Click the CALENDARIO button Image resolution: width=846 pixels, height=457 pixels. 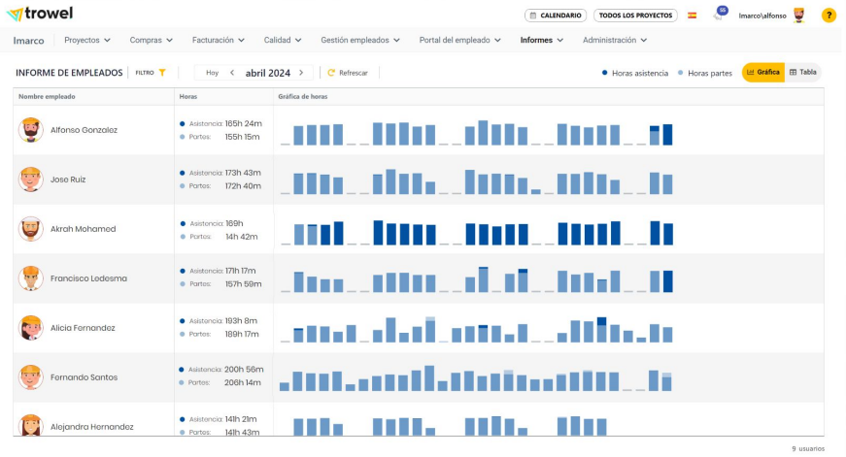[x=555, y=16]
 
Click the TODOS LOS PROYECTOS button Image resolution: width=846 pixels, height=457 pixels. [x=635, y=16]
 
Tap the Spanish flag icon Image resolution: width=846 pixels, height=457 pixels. [x=692, y=16]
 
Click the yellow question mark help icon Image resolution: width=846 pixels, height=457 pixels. [x=829, y=16]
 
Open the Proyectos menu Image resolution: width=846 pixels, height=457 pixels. [x=87, y=41]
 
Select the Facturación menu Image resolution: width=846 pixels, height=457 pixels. [x=219, y=41]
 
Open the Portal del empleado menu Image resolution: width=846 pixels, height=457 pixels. [x=460, y=41]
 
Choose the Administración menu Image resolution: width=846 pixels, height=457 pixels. [x=615, y=41]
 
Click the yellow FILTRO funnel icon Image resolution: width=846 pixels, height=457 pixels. [x=163, y=73]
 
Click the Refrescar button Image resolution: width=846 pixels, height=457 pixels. [x=348, y=73]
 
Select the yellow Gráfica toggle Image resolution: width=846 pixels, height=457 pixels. [x=763, y=73]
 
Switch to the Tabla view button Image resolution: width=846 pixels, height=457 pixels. [x=803, y=73]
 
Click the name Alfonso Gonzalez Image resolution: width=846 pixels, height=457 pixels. [x=84, y=130]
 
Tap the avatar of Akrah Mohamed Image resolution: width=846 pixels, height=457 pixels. [x=31, y=229]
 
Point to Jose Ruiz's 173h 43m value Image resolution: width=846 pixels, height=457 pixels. [x=243, y=173]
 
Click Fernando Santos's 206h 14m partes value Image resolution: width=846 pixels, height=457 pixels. [x=242, y=382]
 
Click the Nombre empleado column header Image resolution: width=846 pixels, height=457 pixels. [x=47, y=97]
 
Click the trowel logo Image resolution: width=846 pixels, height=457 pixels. [x=40, y=15]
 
